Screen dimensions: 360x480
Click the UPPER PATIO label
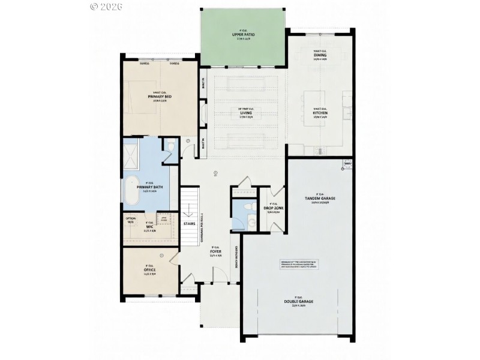[244, 35]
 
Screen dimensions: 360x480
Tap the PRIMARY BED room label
[160, 97]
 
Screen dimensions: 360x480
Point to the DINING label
[319, 55]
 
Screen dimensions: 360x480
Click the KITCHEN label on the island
[320, 113]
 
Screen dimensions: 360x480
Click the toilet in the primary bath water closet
[170, 146]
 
